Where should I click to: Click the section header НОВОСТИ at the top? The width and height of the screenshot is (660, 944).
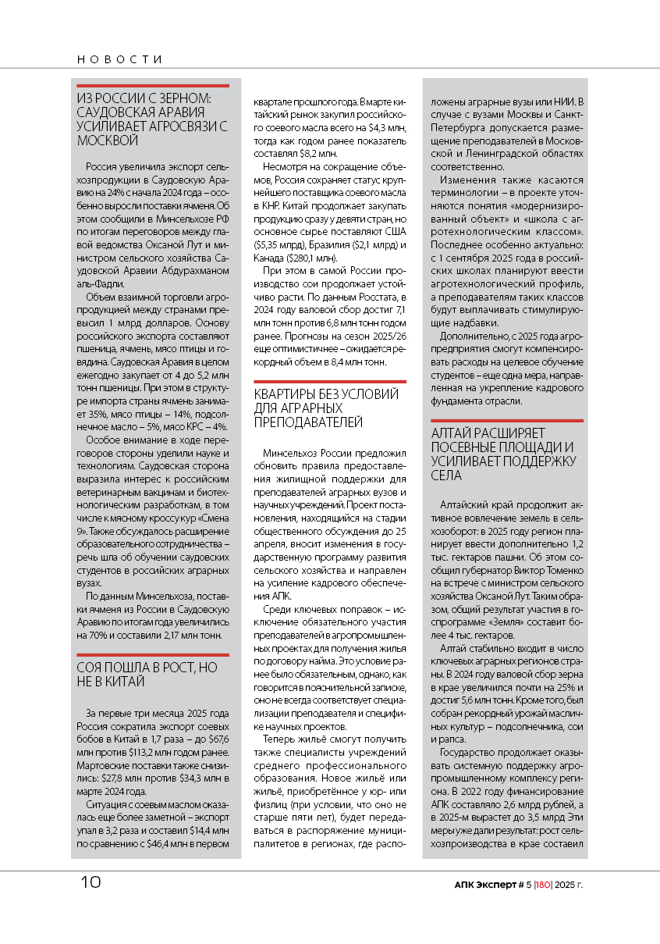point(119,59)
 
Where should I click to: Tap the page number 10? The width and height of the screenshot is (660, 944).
point(90,882)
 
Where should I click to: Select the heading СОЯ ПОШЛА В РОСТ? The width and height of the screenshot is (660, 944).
point(147,668)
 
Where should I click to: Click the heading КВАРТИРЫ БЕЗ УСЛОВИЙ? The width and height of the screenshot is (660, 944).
point(326,394)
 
